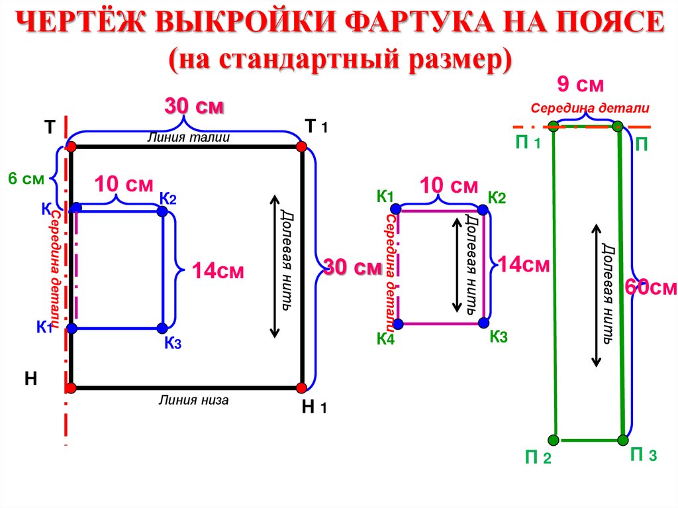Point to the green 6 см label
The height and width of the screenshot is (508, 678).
(26, 178)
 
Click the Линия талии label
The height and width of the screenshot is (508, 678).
(189, 138)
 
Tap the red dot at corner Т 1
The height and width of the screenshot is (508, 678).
(301, 146)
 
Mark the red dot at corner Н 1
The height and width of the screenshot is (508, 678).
(301, 387)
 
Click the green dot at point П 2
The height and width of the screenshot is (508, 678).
(553, 439)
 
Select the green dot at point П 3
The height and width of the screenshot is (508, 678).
(622, 439)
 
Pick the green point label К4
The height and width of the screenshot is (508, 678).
(386, 340)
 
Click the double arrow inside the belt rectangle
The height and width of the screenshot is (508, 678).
(596, 295)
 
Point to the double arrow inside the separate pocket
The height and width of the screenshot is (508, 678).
(456, 265)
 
